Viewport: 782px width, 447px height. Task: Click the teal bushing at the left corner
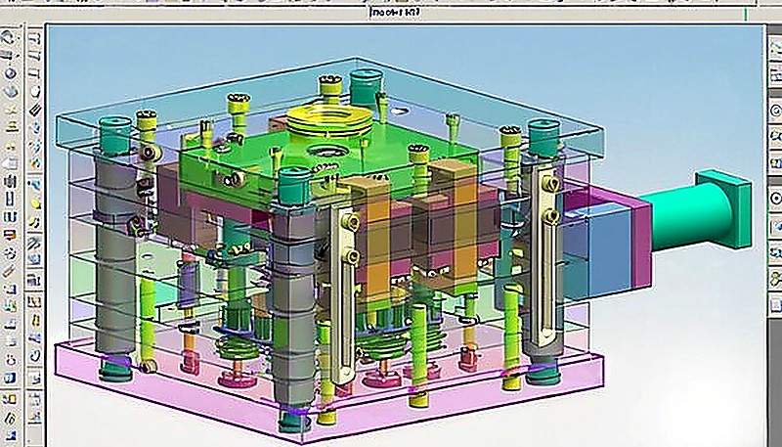(113, 127)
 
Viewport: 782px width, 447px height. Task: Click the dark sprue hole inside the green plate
(323, 152)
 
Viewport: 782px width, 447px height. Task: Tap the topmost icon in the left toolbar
(10, 36)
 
